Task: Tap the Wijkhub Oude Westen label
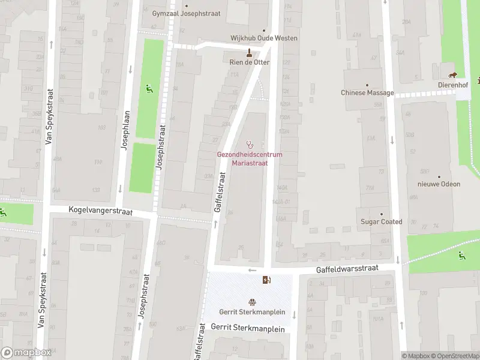tap(264, 38)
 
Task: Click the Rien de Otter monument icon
tap(250, 52)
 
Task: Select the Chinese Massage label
tap(367, 93)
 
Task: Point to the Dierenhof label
tap(453, 86)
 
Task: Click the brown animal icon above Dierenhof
tap(454, 75)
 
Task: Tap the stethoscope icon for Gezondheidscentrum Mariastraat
tap(250, 144)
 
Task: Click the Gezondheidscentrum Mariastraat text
tap(250, 158)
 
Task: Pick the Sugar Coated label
tap(381, 222)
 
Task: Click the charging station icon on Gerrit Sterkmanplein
tap(266, 280)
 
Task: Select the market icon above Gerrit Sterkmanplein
tap(252, 302)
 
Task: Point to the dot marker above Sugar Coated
tap(381, 213)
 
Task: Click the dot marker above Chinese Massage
tap(367, 85)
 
